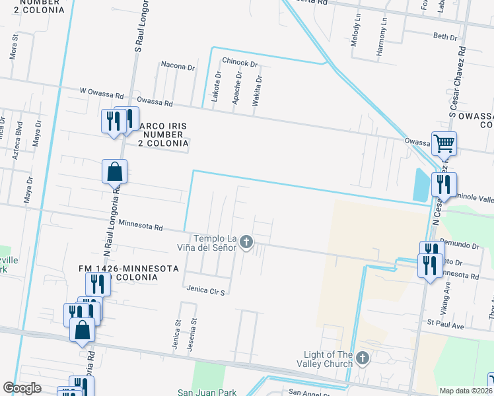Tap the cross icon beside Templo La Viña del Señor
(246, 242)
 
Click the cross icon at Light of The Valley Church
(362, 358)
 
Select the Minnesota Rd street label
(140, 226)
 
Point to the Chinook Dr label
(239, 61)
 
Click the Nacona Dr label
(178, 66)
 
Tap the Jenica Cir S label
(206, 291)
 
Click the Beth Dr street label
(445, 37)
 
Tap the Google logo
(22, 388)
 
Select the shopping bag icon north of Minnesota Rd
(115, 171)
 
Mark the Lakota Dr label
(215, 88)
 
